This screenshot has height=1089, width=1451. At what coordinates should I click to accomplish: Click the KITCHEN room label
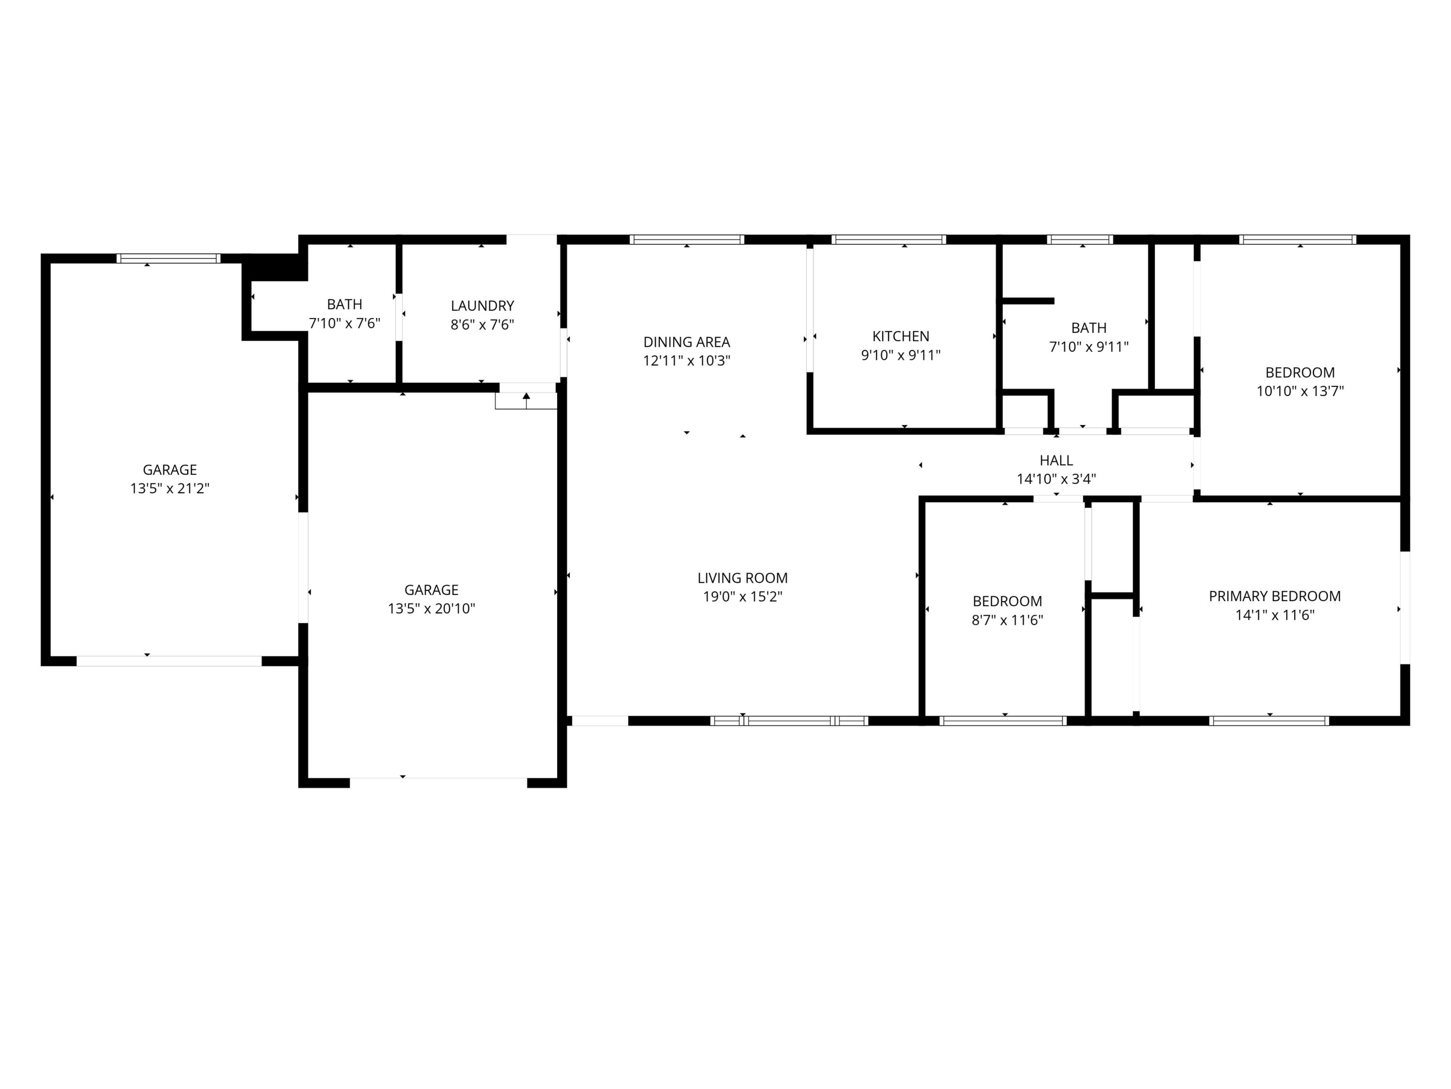click(x=900, y=336)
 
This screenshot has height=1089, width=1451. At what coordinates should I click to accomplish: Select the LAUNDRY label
click(x=482, y=305)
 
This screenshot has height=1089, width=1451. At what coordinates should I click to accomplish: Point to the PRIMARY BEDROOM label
click(x=1274, y=596)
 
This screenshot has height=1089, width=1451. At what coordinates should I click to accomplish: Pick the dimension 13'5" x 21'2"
click(x=169, y=488)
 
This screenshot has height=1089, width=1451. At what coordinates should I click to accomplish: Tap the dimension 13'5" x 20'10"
click(x=431, y=608)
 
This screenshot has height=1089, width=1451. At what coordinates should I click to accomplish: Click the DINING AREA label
click(x=686, y=342)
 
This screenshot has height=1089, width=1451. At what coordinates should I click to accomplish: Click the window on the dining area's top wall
click(x=687, y=240)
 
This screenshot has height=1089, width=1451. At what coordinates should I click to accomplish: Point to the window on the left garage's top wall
click(x=169, y=258)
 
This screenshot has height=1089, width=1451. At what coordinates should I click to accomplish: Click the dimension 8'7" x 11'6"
click(x=1007, y=620)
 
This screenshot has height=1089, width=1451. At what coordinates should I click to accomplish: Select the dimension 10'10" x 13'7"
click(x=1300, y=391)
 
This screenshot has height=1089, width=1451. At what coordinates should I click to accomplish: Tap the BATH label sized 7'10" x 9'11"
click(x=1088, y=328)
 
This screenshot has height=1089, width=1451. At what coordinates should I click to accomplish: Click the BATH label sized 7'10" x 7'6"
click(x=344, y=304)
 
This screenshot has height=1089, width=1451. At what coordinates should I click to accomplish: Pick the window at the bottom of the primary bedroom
click(x=1269, y=721)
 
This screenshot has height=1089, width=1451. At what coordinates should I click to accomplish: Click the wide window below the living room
click(x=789, y=721)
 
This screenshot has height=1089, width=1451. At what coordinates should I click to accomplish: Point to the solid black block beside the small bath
click(x=276, y=267)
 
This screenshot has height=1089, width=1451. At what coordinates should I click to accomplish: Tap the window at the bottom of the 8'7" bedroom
click(x=1003, y=721)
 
